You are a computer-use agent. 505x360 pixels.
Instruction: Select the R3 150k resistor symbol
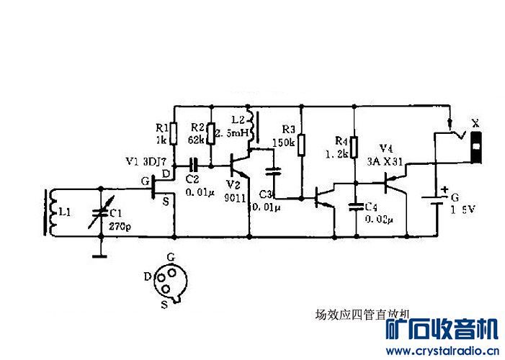[x=302, y=143]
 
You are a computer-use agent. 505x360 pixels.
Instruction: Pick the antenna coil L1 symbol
[x=51, y=212]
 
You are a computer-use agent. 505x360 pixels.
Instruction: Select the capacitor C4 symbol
[x=354, y=207]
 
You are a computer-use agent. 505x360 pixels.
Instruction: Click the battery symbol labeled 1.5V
[x=437, y=200]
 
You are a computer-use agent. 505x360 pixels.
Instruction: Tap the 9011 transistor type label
[x=235, y=197]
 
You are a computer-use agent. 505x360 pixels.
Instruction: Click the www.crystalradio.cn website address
[x=441, y=351]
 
